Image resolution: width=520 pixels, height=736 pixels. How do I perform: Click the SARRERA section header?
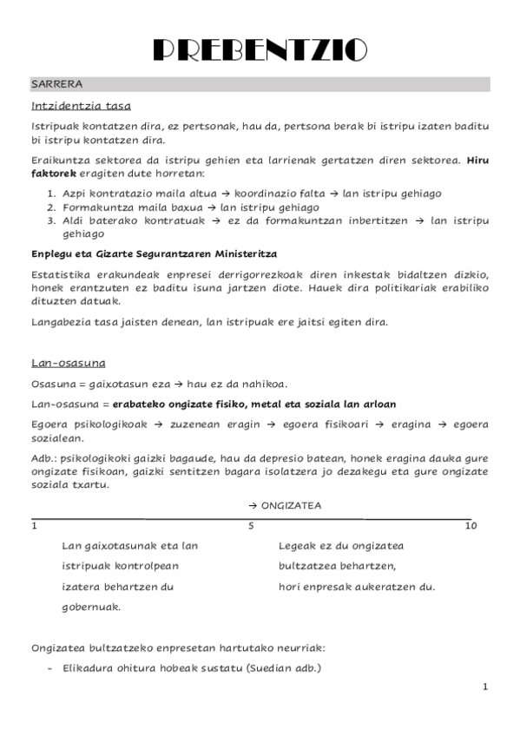click(x=56, y=84)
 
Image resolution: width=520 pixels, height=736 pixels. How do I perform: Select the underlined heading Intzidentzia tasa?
click(x=81, y=107)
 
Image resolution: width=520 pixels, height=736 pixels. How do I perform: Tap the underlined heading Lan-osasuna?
click(x=68, y=362)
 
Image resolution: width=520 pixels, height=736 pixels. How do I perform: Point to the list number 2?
click(x=51, y=207)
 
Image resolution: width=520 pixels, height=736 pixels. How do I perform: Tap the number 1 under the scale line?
click(x=34, y=526)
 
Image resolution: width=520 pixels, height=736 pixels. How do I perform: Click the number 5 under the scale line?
click(x=251, y=526)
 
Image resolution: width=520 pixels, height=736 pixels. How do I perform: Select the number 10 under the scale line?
click(x=471, y=526)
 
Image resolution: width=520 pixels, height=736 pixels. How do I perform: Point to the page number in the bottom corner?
click(x=485, y=687)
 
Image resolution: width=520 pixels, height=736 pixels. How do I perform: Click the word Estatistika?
click(x=59, y=274)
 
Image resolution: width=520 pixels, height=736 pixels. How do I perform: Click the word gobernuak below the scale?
click(x=91, y=608)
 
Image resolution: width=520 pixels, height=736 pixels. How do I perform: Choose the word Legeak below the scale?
click(x=296, y=546)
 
